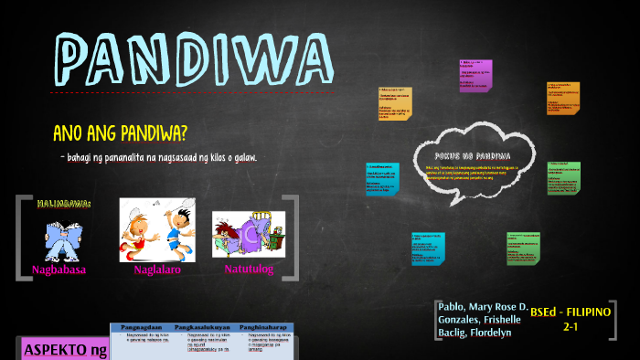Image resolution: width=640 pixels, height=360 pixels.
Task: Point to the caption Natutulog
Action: tap(248, 270)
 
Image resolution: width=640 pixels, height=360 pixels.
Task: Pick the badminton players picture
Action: tap(157, 228)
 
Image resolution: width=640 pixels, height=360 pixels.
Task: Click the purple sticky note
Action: tap(475, 76)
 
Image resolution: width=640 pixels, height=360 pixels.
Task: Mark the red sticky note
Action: tap(563, 98)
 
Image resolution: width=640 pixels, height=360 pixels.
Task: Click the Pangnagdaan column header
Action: tap(142, 325)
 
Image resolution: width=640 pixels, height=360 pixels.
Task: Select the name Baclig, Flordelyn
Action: tap(475, 332)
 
